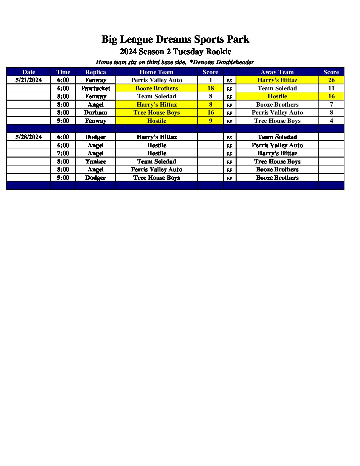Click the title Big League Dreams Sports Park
click(175, 39)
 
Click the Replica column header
click(95, 72)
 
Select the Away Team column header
click(277, 72)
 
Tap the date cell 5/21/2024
click(28, 80)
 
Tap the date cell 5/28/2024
click(28, 137)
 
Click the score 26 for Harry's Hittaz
click(331, 80)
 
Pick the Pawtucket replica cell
click(95, 88)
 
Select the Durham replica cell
click(95, 113)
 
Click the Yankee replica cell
click(95, 162)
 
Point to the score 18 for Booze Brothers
click(210, 88)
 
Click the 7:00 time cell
click(63, 153)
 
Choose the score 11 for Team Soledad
click(331, 88)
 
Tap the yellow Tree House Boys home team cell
click(157, 113)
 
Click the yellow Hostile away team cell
click(277, 96)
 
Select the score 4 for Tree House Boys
click(331, 121)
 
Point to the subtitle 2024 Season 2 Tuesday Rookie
click(175, 52)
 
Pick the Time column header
click(63, 72)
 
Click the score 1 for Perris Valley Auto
click(210, 80)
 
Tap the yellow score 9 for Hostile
click(210, 121)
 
